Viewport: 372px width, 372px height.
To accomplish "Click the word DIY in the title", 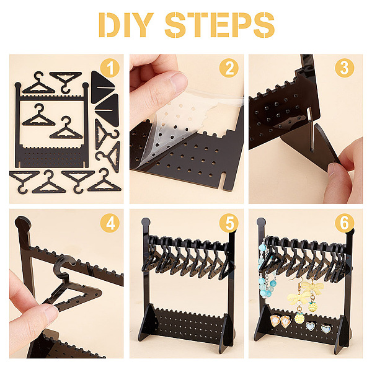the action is coord(126,25).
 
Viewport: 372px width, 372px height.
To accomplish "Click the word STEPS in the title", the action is coord(219,25).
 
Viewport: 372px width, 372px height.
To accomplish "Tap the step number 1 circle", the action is coord(110,68).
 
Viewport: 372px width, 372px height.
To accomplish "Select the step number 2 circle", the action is coord(229,68).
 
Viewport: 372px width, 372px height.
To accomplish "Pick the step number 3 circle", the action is coord(345,68).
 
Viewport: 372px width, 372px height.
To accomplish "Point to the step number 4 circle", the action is coord(110,223).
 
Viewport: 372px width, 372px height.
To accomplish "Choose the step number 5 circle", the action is coord(229,223).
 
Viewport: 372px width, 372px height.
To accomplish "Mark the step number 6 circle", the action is coord(345,223).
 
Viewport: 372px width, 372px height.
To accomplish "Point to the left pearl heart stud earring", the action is coord(275,321).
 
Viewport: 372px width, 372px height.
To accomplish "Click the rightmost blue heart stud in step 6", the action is coord(326,329).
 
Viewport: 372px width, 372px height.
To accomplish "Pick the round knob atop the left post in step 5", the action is coord(146,222).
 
